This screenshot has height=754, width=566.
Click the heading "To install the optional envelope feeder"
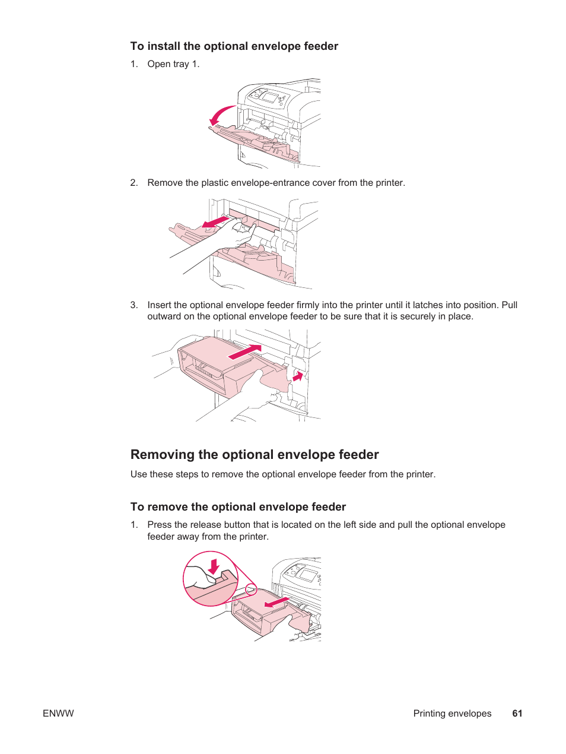tap(234, 46)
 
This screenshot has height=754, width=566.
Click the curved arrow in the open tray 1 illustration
tap(221, 115)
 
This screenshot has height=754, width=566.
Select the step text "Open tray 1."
tap(173, 64)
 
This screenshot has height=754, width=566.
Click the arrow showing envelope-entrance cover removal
tap(215, 223)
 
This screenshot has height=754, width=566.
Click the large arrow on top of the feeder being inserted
tap(244, 352)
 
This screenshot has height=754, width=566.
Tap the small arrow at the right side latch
tap(298, 376)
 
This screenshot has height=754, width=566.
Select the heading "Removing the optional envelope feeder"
tap(255, 455)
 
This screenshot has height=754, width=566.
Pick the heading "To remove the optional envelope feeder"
tap(238, 507)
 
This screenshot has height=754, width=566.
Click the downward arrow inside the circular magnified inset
tap(214, 566)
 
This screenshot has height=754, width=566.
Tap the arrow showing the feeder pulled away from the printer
tap(276, 603)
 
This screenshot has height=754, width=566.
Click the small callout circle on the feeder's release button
tap(251, 590)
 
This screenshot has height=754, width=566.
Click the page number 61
tap(517, 714)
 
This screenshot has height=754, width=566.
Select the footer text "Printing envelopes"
tap(452, 714)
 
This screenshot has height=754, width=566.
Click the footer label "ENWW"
tap(58, 714)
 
